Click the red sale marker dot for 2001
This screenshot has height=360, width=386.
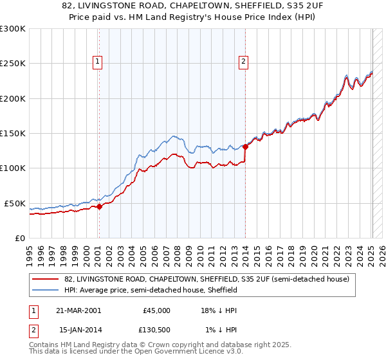pyautogui.click(x=99, y=207)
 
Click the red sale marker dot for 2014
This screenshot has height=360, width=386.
pyautogui.click(x=245, y=147)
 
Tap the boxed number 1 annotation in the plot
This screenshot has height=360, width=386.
pyautogui.click(x=98, y=62)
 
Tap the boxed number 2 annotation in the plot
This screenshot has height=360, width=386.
pyautogui.click(x=244, y=62)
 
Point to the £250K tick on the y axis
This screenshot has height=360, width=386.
pyautogui.click(x=13, y=64)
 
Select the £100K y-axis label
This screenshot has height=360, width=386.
pyautogui.click(x=13, y=168)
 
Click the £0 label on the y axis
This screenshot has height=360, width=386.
pyautogui.click(x=19, y=238)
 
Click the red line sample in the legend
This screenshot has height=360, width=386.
pyautogui.click(x=46, y=280)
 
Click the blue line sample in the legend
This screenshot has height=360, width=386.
pyautogui.click(x=46, y=291)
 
